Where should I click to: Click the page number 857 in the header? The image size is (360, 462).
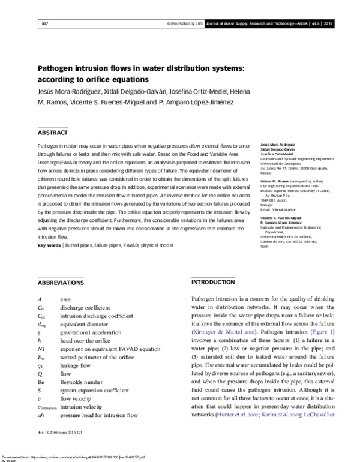[44, 23]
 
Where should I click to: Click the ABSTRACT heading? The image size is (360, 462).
[53, 133]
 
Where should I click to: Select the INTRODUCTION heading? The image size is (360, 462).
[212, 281]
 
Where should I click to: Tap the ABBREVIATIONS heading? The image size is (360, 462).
[61, 281]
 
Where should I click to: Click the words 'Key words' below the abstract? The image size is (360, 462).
[49, 246]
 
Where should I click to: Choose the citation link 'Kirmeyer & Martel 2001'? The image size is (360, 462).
[225, 331]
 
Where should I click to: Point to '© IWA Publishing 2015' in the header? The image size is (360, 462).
[182, 23]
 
